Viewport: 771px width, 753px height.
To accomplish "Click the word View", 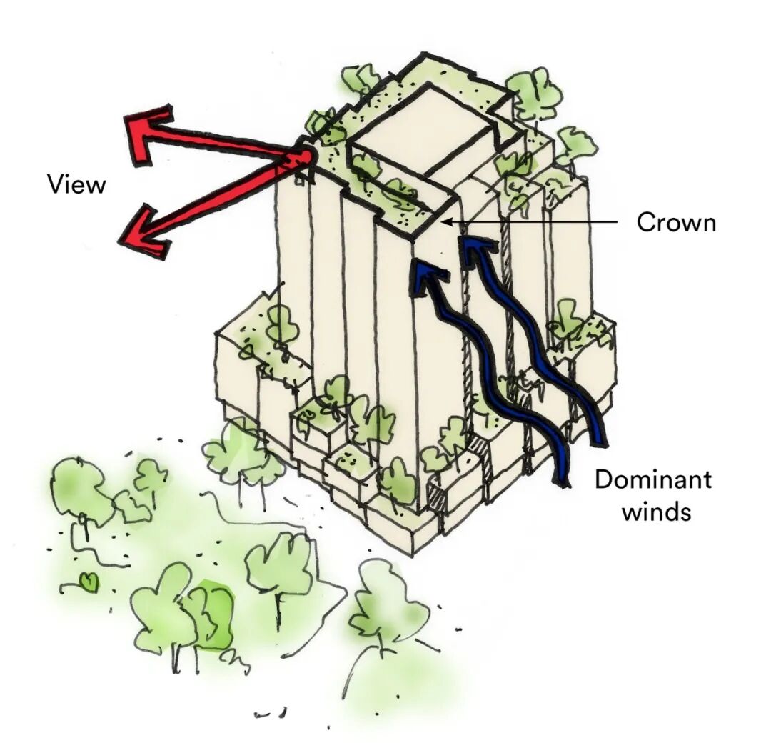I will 76,184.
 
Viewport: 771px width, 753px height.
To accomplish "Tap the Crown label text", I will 675,222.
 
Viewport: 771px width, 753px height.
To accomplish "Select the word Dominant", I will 652,479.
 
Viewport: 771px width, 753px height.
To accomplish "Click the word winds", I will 655,512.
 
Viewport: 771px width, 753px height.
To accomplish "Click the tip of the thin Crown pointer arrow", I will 446,222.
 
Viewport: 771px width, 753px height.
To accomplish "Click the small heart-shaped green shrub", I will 89,582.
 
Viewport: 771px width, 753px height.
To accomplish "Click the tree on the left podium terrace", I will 281,325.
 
